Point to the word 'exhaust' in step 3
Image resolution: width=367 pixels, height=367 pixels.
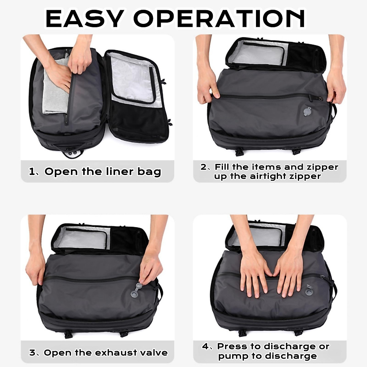pyautogui.click(x=112, y=353)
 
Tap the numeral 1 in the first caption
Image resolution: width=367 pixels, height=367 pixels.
pyautogui.click(x=32, y=172)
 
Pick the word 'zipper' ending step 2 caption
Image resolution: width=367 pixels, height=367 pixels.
pyautogui.click(x=306, y=176)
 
